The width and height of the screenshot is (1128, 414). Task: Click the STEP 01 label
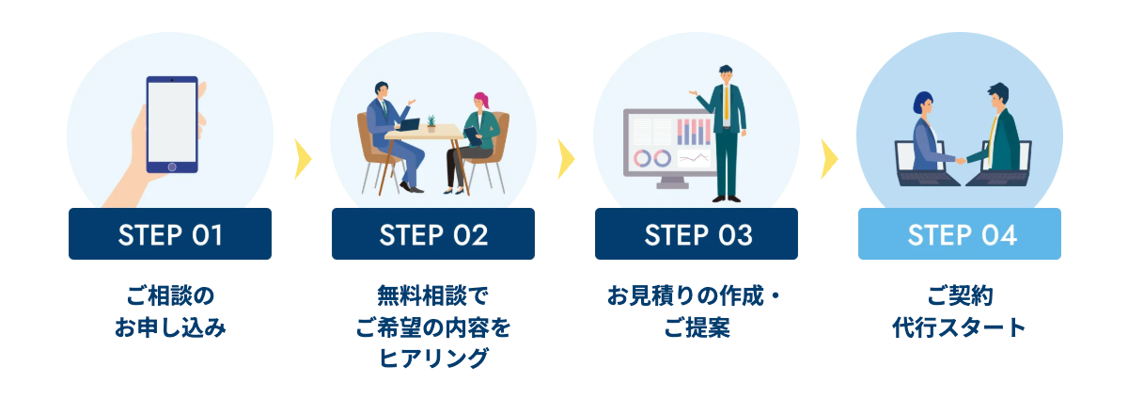[x=170, y=234]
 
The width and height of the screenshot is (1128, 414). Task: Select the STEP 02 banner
[x=433, y=234]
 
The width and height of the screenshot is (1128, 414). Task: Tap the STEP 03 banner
[x=697, y=234]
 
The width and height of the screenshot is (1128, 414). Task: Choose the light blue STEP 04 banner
[x=960, y=234]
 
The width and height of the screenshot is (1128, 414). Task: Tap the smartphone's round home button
[x=172, y=167]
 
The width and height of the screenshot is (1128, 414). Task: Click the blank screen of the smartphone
[x=172, y=120]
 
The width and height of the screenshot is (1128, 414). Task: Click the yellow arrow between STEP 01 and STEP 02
[x=302, y=159]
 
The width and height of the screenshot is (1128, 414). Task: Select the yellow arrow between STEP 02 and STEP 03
[x=565, y=159]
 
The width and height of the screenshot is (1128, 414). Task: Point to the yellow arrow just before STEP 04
[x=828, y=159]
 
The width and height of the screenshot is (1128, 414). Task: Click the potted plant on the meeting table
[x=431, y=123]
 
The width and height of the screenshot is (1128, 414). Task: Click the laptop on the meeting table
[x=409, y=124]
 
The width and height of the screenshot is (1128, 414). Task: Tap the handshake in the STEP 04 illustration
[x=961, y=160]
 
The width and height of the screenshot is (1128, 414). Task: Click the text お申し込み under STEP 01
[x=170, y=329]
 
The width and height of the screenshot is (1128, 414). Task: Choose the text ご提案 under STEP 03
[x=697, y=329]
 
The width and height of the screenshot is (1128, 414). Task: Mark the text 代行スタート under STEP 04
[x=960, y=329]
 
